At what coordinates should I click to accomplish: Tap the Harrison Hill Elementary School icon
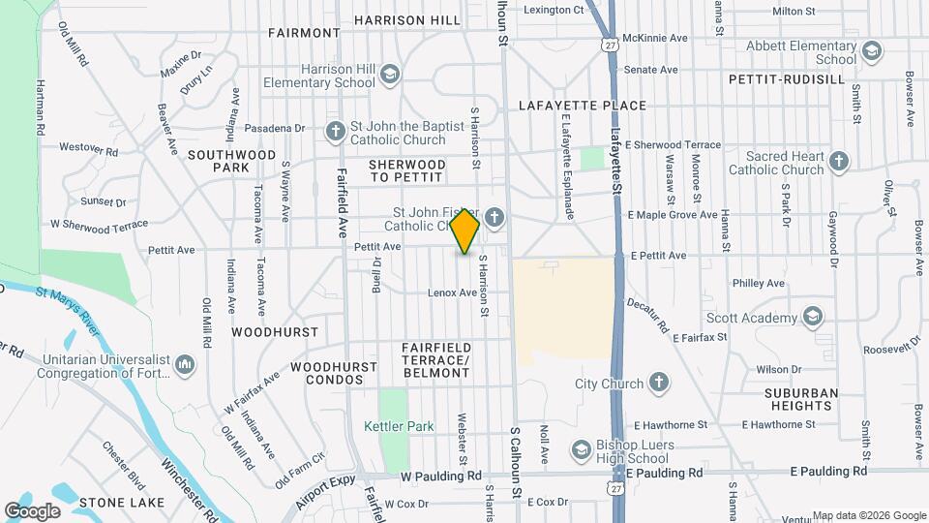389,75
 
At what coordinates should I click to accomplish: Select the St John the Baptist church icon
335,131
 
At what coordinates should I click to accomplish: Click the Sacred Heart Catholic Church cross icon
838,161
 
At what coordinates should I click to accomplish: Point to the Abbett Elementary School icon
871,51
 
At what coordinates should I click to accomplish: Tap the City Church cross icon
659,384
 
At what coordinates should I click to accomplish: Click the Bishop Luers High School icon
581,450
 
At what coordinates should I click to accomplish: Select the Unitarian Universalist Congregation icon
184,365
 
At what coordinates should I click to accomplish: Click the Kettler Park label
399,426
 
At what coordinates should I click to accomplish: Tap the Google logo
32,510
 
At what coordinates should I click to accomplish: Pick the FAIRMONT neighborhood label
304,33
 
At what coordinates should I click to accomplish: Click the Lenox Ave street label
454,292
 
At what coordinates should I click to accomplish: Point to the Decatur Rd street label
648,310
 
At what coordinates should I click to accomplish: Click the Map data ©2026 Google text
868,515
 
